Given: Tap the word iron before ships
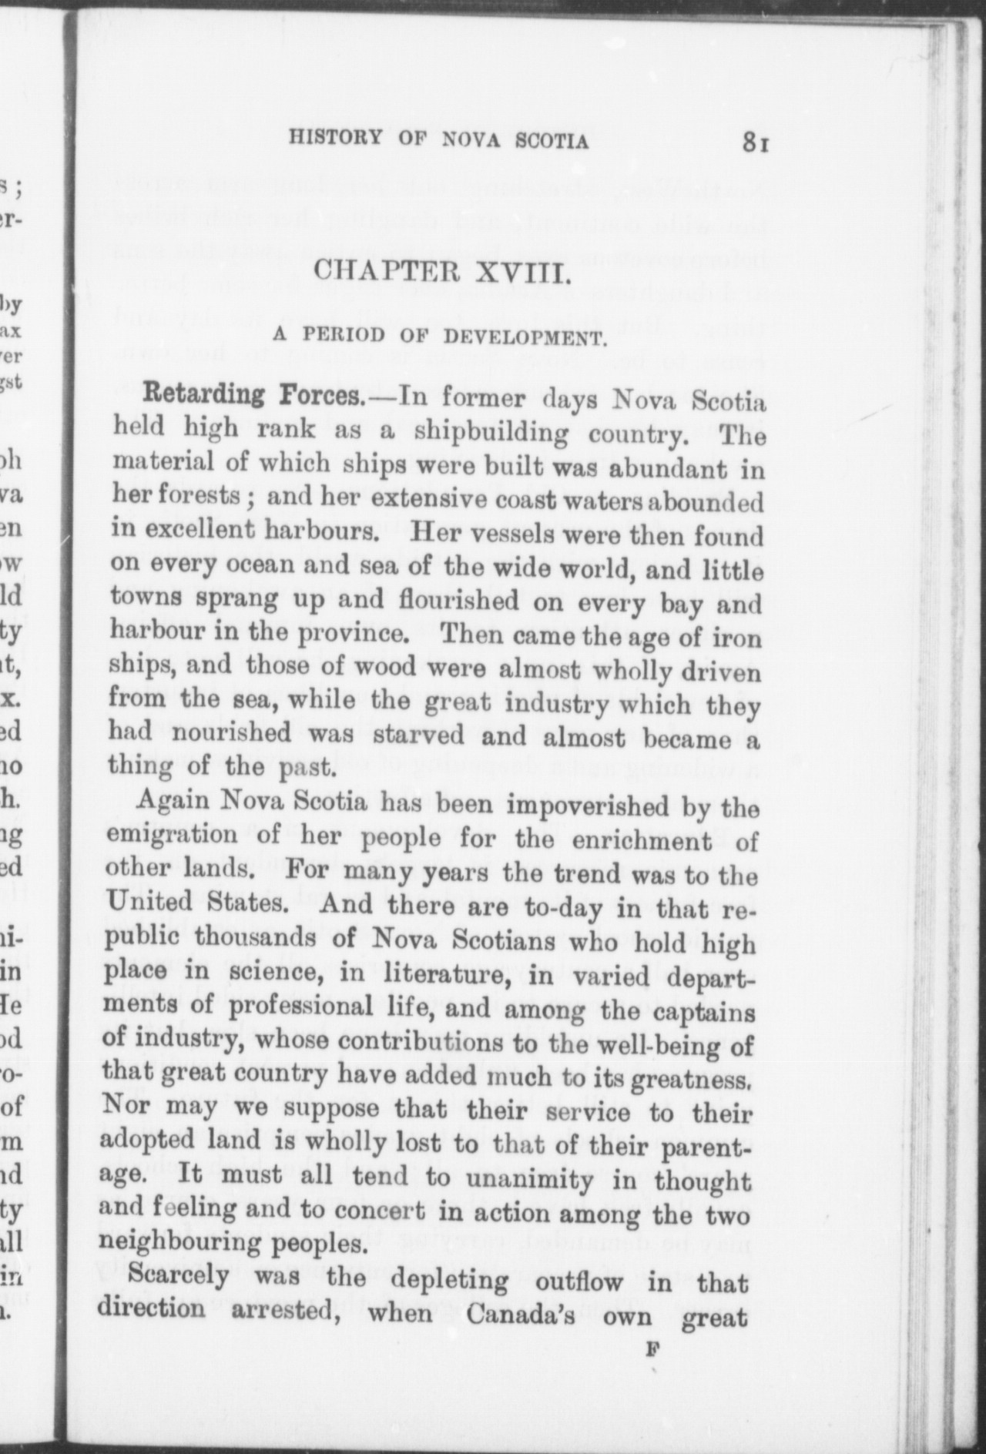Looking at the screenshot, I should coord(736,638).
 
